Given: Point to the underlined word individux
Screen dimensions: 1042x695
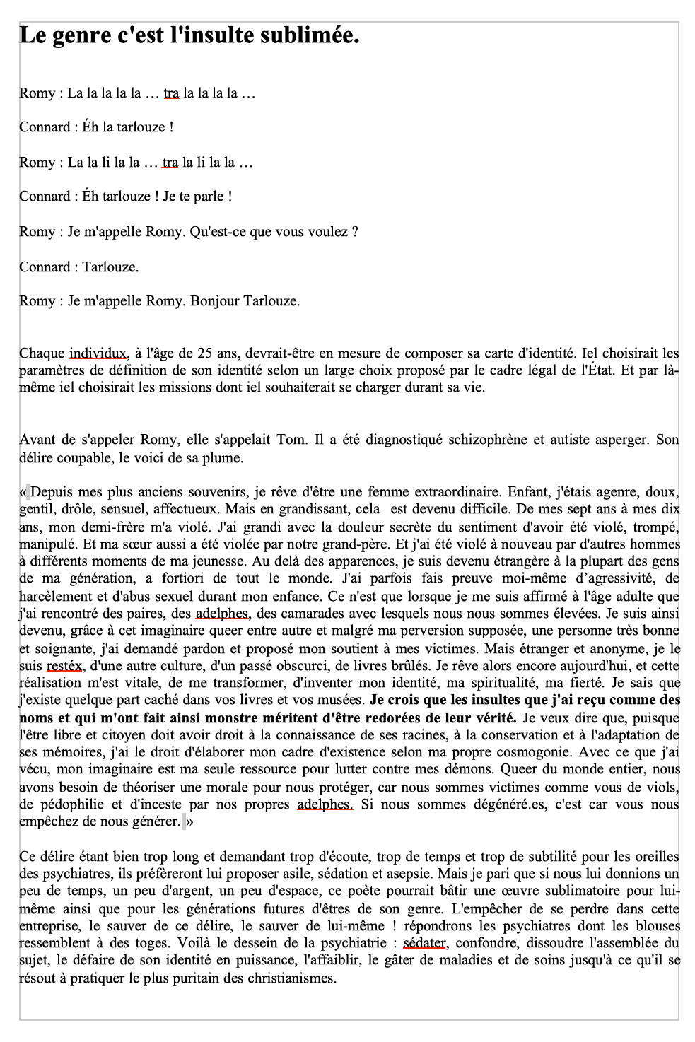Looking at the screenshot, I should point(98,353).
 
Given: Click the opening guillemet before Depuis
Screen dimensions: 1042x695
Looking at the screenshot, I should point(25,492).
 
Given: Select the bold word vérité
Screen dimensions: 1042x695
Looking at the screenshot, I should point(494,718).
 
